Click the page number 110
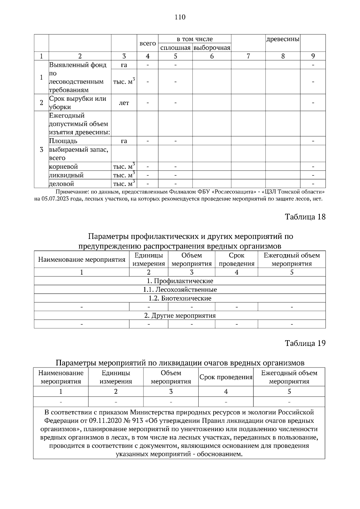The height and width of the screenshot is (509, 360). [180, 17]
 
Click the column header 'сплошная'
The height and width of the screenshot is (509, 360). [175, 48]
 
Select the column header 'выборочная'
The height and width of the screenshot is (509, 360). [212, 48]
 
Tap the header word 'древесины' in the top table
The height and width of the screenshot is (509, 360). [283, 39]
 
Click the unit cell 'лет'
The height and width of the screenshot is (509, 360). [124, 103]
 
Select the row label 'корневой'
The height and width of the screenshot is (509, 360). [63, 167]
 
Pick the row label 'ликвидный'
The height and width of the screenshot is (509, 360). [66, 175]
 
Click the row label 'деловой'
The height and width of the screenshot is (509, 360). [61, 184]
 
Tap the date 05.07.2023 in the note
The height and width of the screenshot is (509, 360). [57, 199]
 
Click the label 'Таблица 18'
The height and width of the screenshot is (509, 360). [305, 217]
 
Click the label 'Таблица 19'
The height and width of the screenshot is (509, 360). [305, 344]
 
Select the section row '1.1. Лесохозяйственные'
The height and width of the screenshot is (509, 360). [180, 290]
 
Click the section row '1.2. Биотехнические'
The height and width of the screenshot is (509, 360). [180, 298]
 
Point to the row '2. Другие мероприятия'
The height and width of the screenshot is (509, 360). [180, 316]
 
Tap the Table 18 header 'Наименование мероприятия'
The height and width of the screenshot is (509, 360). [82, 260]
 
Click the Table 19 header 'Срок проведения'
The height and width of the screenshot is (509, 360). [226, 377]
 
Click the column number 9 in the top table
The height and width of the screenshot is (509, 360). [313, 56]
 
